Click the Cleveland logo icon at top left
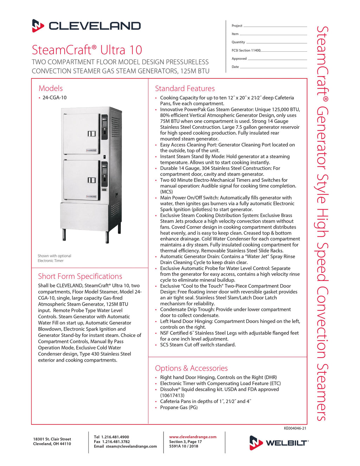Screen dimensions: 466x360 [38, 26]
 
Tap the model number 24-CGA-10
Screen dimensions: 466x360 [54, 98]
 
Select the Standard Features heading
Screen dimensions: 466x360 [185, 89]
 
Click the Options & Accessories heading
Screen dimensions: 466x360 [191, 368]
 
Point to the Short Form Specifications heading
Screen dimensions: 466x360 [80, 276]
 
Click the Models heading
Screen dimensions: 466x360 [51, 89]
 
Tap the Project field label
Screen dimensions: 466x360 [237, 26]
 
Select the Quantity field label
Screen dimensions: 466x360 [238, 42]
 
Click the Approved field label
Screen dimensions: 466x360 [239, 59]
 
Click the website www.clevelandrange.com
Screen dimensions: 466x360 [193, 437]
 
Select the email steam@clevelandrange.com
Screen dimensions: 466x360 [131, 446]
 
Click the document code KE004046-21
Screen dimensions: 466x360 [295, 428]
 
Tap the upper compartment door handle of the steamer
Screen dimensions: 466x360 [92, 134]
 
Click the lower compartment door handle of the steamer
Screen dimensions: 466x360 [92, 180]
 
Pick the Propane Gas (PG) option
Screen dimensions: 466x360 [179, 407]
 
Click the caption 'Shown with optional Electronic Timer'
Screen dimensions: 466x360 [54, 258]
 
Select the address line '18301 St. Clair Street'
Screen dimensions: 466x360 [52, 439]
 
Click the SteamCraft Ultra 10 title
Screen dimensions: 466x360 [87, 50]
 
